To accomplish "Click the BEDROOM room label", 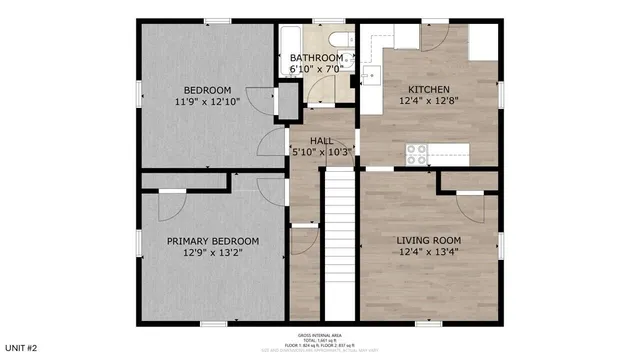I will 207,88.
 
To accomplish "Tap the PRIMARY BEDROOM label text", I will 213,241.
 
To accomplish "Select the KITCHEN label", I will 428,89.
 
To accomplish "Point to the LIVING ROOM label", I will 428,240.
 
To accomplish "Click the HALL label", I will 321,141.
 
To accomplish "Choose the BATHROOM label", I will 317,58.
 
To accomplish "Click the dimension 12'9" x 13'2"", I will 213,253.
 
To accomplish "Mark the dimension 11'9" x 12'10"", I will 207,101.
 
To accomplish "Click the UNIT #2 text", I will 19,347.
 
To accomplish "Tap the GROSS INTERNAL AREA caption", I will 319,335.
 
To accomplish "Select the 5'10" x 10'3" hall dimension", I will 321,152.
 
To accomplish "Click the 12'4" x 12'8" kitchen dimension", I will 428,101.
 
